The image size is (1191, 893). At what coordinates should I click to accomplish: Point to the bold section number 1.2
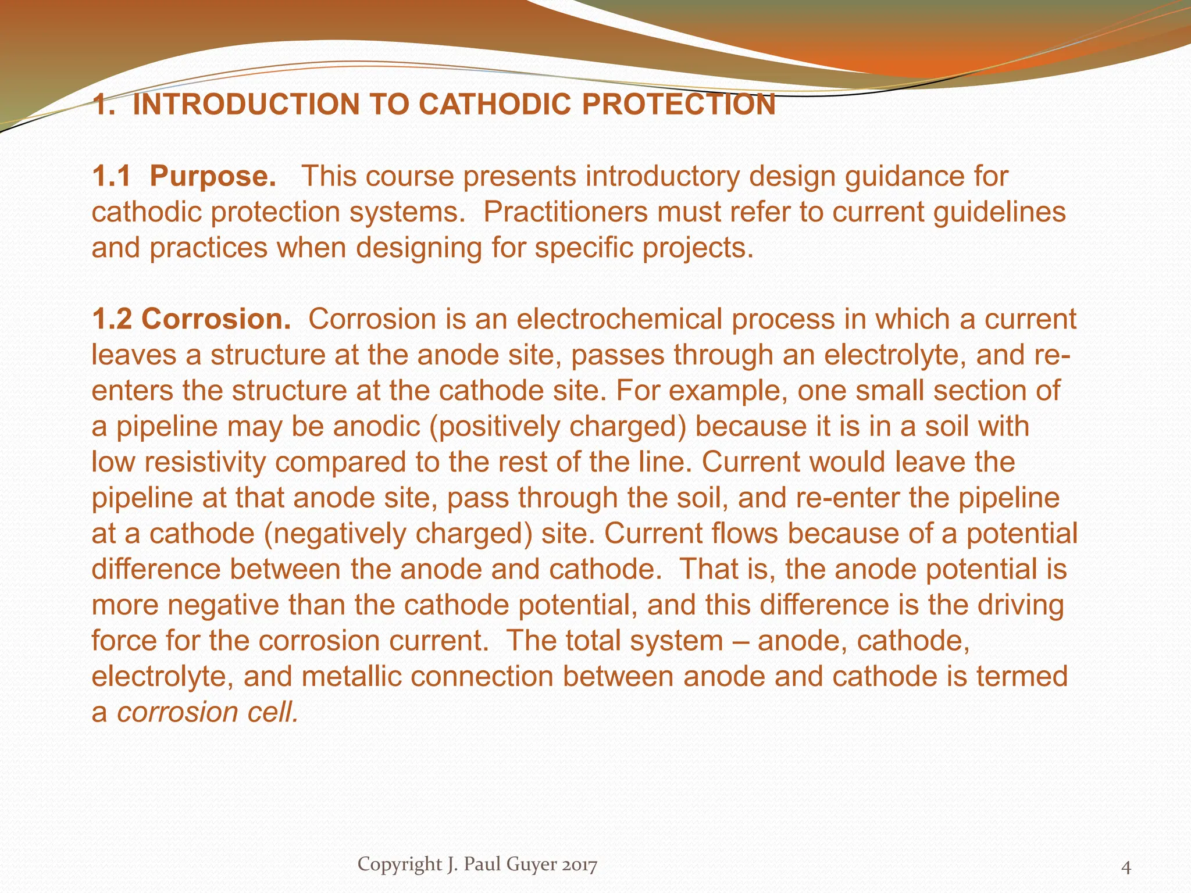click(x=111, y=319)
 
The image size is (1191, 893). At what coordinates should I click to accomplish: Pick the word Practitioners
click(x=565, y=212)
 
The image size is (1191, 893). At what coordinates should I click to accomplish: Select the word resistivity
click(x=206, y=462)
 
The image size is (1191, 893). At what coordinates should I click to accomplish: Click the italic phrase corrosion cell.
click(x=208, y=713)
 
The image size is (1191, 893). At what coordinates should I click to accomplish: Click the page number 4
click(x=1126, y=867)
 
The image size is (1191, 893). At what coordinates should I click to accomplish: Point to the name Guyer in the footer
click(x=533, y=865)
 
